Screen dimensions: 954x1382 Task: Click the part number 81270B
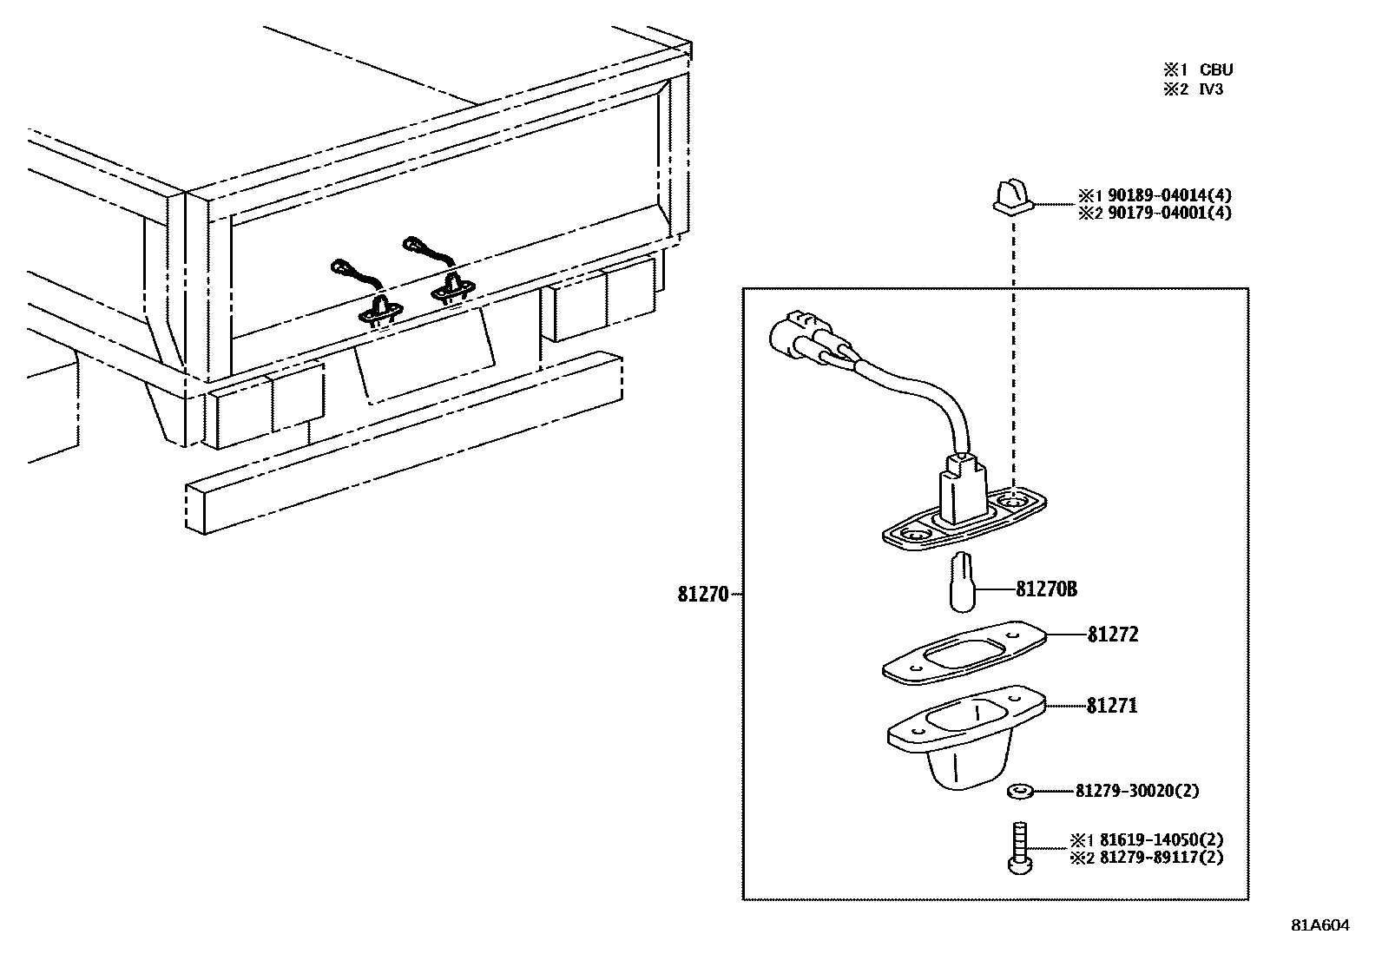[x=1046, y=589]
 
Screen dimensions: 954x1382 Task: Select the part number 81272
[x=1112, y=635]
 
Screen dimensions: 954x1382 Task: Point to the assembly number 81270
[x=703, y=595]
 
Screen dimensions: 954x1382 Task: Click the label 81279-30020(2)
[x=1137, y=791]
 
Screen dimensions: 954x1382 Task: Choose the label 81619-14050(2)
[x=1162, y=840]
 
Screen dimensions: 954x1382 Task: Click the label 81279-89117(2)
[x=1162, y=858]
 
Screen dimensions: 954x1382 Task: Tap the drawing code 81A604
[x=1320, y=925]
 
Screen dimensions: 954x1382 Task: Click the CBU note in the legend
[x=1215, y=69]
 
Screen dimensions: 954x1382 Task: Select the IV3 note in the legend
[x=1211, y=89]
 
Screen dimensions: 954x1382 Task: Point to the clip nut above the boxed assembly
[x=1013, y=196]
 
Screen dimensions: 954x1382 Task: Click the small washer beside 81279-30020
[x=1019, y=791]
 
